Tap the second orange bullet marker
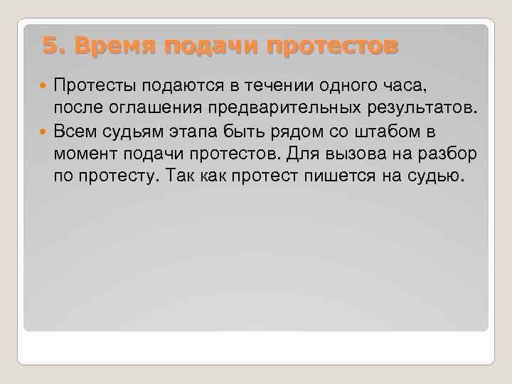point(46,132)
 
